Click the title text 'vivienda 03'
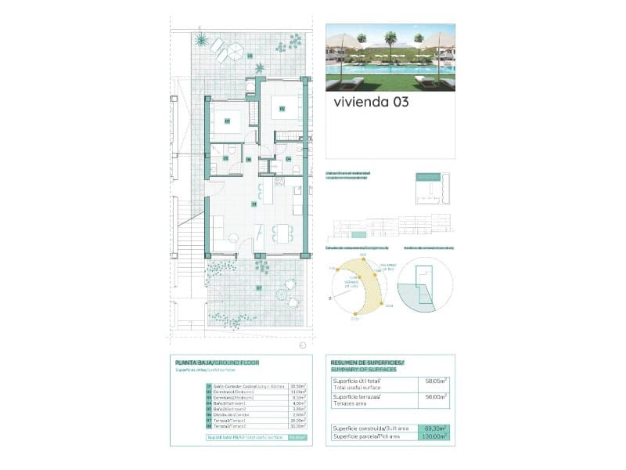tap(370, 102)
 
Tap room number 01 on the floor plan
tap(254, 204)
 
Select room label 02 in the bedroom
tap(282, 108)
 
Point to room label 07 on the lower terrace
tap(259, 287)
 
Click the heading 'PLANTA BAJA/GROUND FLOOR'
tap(218, 363)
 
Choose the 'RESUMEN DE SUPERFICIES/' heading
tap(368, 363)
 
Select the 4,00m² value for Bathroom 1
tap(297, 403)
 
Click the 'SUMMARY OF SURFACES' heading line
tap(364, 369)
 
